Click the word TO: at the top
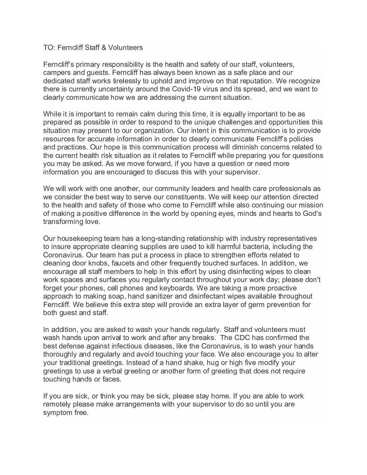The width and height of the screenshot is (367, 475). (49, 48)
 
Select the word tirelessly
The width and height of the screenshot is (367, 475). (119, 81)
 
